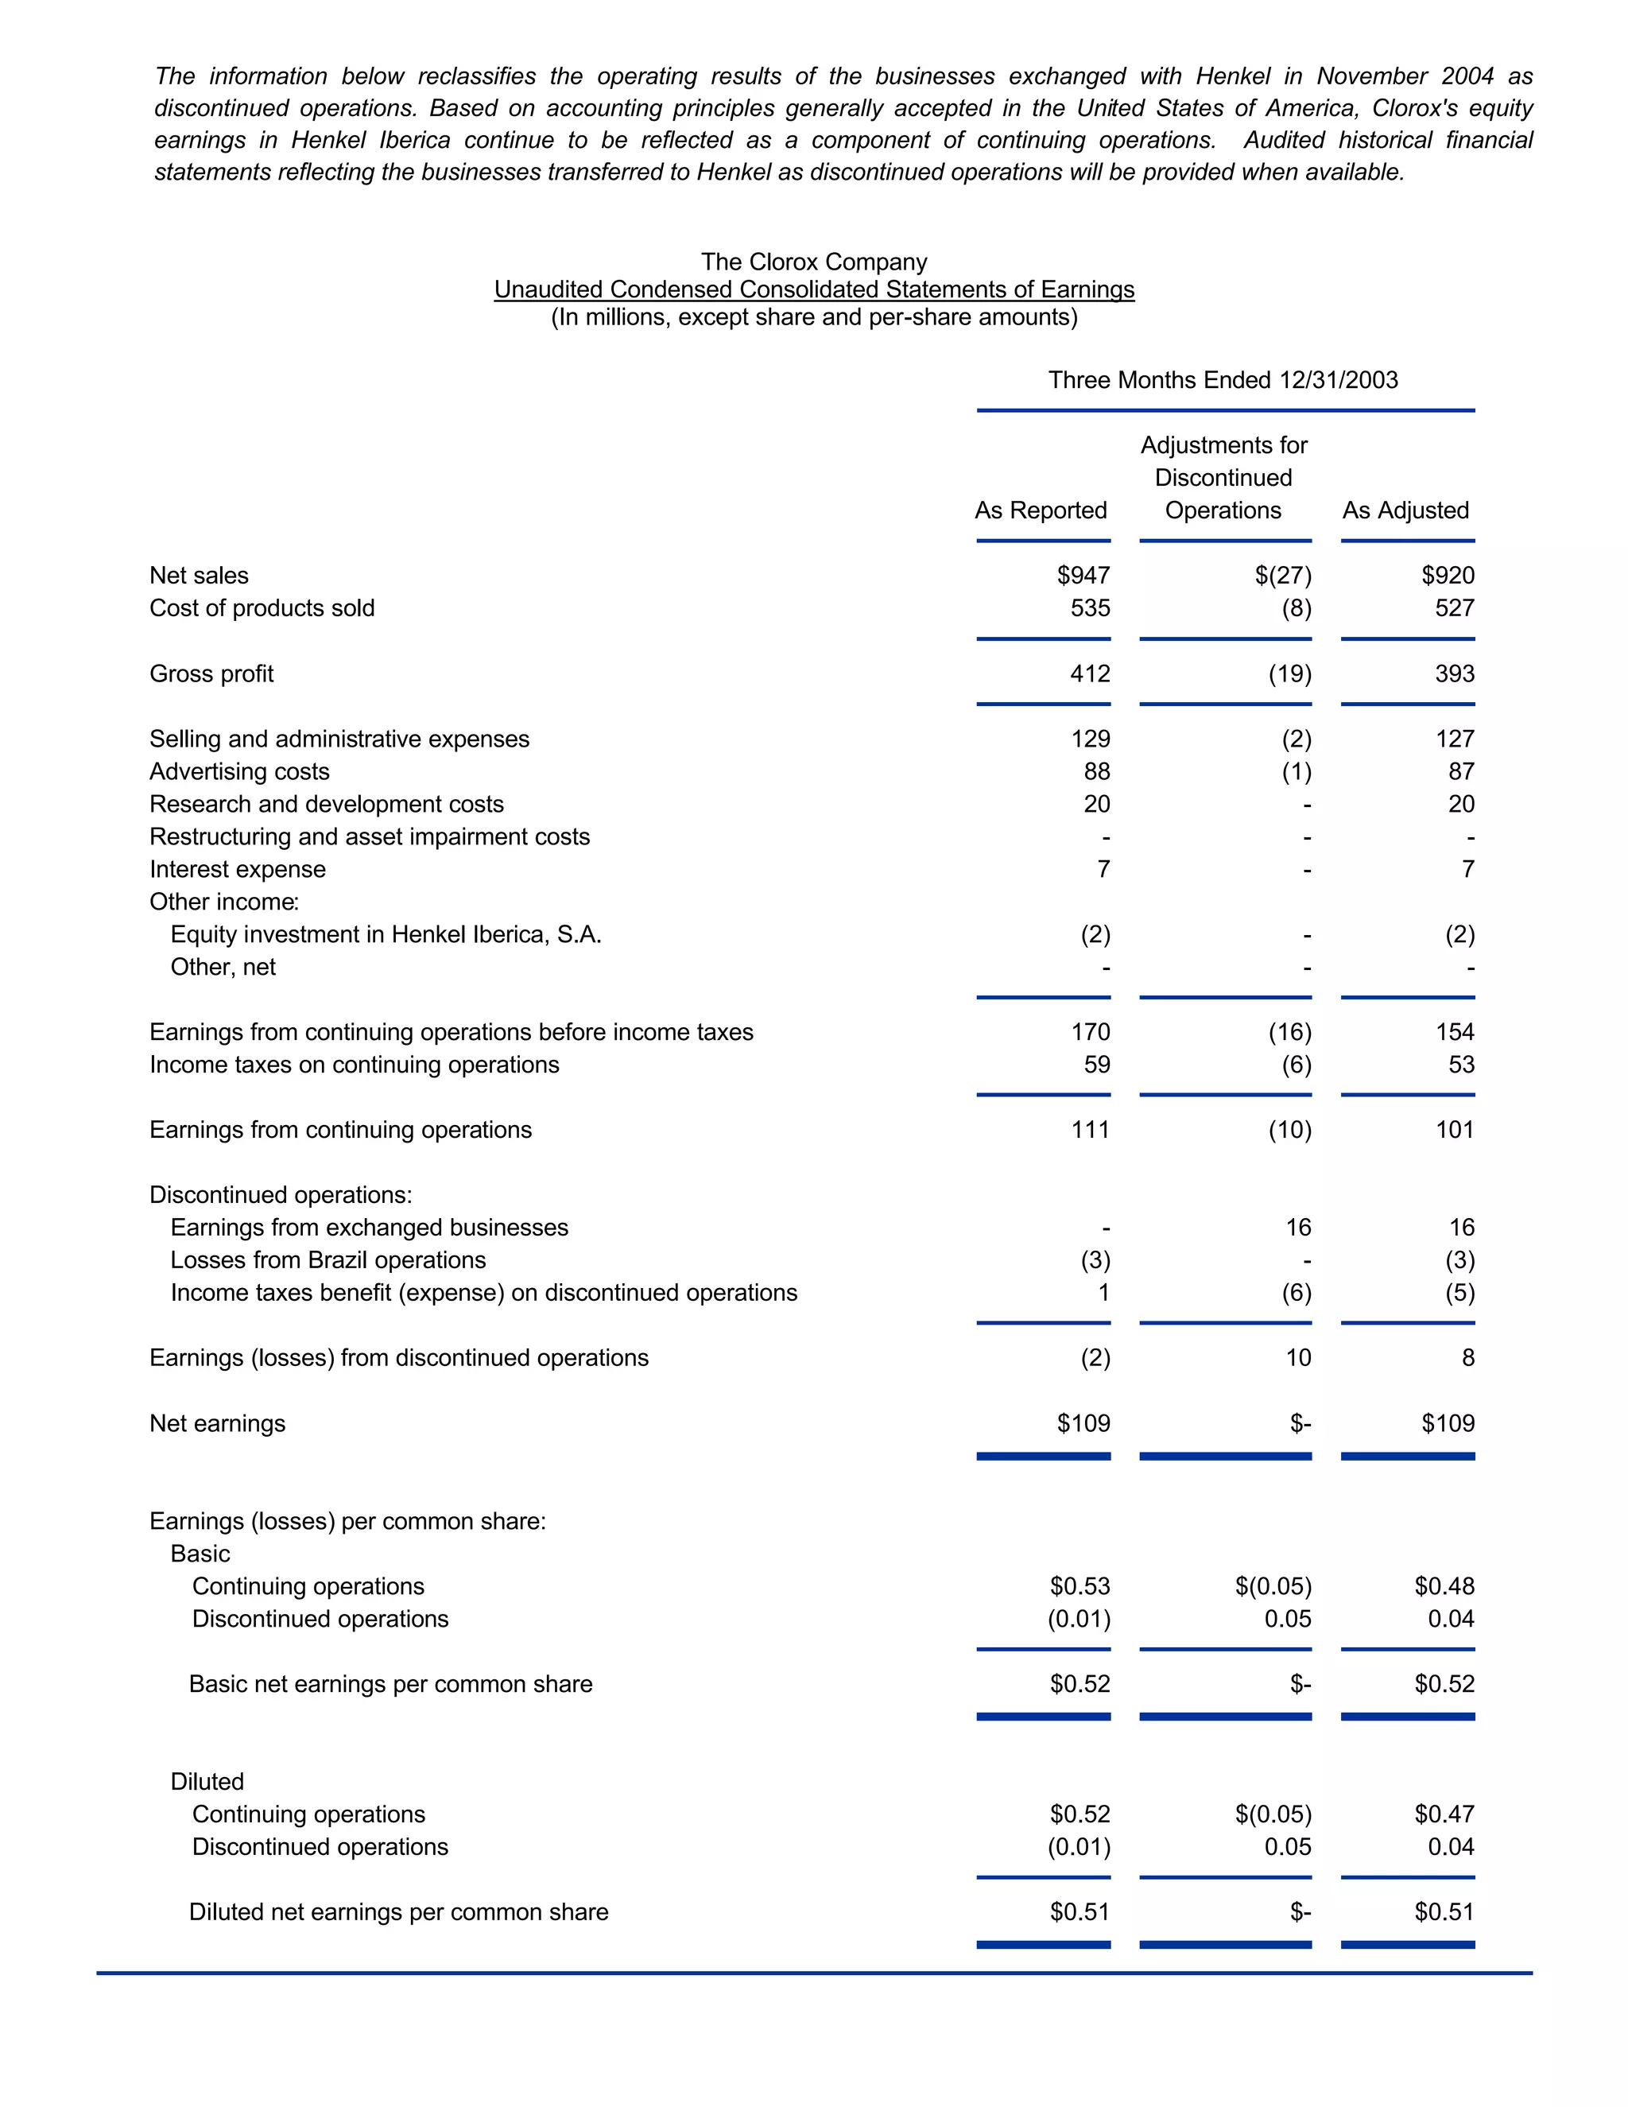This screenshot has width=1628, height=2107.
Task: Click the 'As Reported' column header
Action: point(1041,510)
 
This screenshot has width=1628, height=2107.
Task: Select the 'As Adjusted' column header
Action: point(1405,510)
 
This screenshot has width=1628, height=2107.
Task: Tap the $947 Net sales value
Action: point(1083,576)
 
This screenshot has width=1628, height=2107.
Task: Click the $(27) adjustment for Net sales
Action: point(1283,576)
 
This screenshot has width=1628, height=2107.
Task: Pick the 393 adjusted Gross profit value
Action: point(1455,673)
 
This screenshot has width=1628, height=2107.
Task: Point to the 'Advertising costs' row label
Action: point(239,772)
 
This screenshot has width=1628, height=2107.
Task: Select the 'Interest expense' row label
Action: point(237,869)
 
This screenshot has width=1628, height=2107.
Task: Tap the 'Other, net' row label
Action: point(223,967)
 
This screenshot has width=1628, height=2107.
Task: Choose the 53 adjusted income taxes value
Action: point(1461,1065)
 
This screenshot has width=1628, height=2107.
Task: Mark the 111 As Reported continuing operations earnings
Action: point(1090,1130)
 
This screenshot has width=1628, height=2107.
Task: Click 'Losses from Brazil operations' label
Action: point(328,1260)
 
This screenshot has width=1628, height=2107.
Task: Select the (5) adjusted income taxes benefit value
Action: point(1459,1293)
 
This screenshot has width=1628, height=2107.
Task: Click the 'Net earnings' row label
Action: point(217,1424)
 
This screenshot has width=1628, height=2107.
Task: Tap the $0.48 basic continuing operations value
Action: point(1444,1586)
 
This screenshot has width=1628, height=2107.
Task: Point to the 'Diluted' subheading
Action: point(207,1782)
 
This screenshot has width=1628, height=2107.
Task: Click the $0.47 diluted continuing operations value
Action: point(1444,1814)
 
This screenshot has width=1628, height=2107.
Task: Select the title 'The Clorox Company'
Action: point(814,262)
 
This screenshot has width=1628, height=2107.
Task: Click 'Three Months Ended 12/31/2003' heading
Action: point(1223,380)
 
